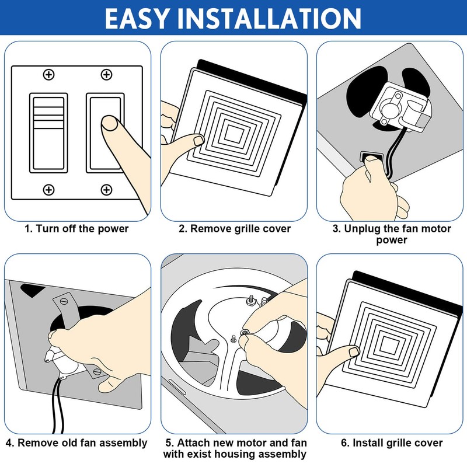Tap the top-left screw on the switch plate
click(x=48, y=74)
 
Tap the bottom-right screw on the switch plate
click(x=106, y=189)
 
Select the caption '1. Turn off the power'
click(x=76, y=228)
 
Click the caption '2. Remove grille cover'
click(x=234, y=228)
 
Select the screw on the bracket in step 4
click(x=65, y=301)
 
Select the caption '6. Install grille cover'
click(x=390, y=443)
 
